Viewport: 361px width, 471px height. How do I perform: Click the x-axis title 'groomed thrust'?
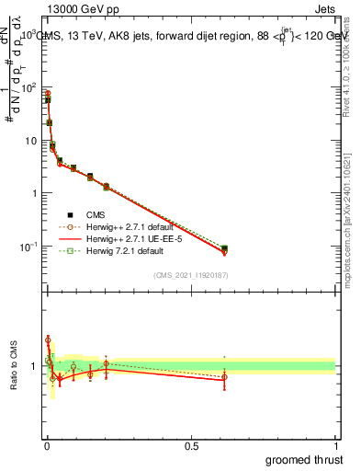click(x=304, y=459)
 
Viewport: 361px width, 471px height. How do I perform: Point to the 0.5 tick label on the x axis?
click(x=191, y=445)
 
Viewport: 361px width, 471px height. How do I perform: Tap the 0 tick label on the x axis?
click(x=47, y=445)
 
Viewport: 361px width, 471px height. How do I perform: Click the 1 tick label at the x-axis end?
click(x=335, y=445)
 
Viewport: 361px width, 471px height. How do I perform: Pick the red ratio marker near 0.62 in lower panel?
click(x=224, y=377)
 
